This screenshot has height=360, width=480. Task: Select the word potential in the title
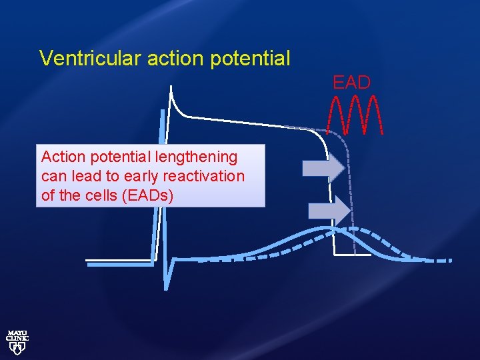point(250,59)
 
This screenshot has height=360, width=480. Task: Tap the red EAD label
point(351,83)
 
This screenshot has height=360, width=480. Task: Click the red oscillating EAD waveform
point(356,115)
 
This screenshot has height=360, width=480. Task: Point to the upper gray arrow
point(323,167)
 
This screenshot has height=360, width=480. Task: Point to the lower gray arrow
point(329,211)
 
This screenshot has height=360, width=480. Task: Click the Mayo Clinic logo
point(17,340)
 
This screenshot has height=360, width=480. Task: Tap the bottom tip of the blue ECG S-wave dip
point(165,288)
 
